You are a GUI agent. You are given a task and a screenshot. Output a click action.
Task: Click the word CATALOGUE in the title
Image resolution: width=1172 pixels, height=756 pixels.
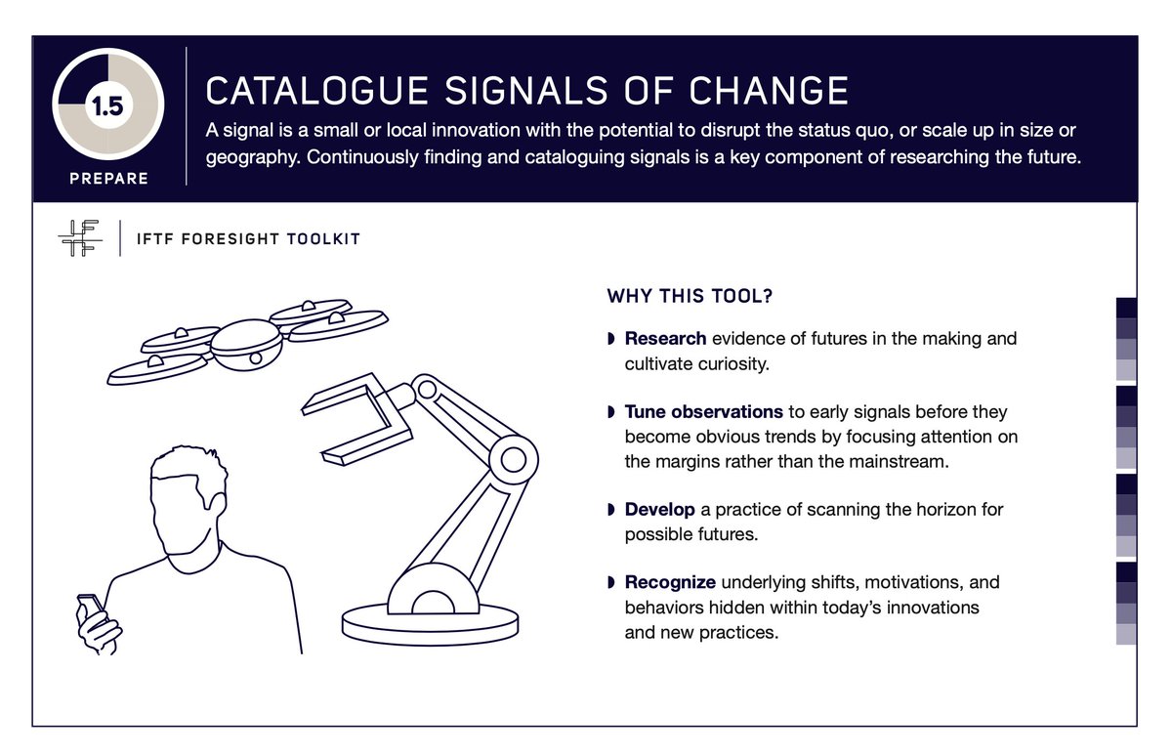pos(316,91)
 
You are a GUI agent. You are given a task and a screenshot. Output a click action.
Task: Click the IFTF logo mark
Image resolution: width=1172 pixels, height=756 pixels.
pos(80,238)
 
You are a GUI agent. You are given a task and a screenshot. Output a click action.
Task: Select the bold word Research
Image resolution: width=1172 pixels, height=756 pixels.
pos(665,339)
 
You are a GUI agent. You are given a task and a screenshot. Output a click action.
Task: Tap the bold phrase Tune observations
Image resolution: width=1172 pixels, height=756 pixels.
pos(703,412)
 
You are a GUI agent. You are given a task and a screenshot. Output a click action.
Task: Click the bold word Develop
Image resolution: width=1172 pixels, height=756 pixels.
pos(659,510)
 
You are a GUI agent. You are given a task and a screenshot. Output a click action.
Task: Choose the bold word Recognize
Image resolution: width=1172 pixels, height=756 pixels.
pos(670,582)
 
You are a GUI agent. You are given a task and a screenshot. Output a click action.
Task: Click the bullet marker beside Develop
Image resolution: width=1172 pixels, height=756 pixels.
pos(611,510)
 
